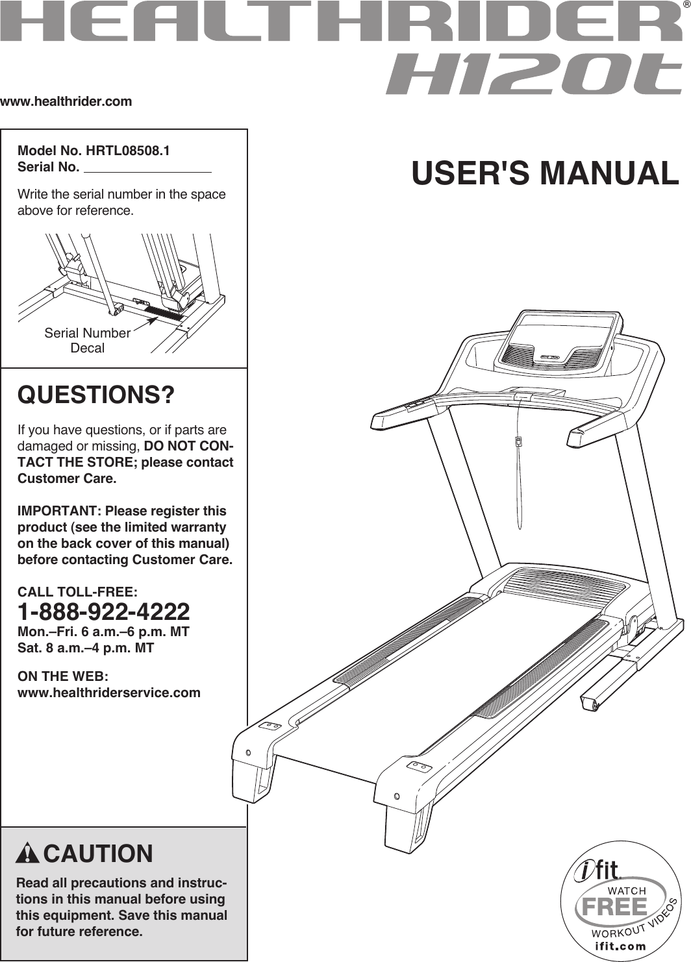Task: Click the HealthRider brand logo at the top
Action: [x=340, y=23]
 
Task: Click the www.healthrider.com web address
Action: [x=66, y=101]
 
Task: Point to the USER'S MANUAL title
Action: [x=544, y=173]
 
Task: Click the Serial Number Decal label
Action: [x=87, y=340]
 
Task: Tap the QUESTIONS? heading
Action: [x=96, y=395]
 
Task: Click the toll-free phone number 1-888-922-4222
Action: [x=104, y=611]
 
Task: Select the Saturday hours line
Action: [x=86, y=648]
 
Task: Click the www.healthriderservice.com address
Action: [x=109, y=693]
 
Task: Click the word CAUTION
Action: [x=98, y=854]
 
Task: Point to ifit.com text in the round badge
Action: [x=620, y=946]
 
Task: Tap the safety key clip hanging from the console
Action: [x=518, y=441]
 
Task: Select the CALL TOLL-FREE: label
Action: [x=77, y=592]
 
